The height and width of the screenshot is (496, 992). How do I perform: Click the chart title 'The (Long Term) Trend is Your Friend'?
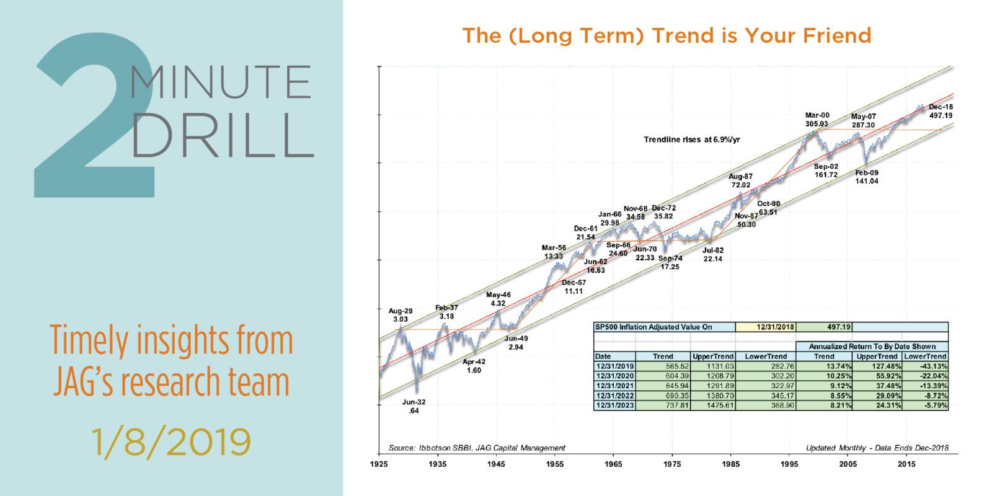click(666, 35)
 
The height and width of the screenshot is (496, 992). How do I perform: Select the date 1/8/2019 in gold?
click(171, 441)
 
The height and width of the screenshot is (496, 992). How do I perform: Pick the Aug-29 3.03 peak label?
click(401, 315)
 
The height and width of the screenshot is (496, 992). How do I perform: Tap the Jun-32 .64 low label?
click(414, 406)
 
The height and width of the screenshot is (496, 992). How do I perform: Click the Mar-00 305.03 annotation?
click(817, 120)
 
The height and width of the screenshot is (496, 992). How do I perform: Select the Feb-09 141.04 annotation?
click(866, 177)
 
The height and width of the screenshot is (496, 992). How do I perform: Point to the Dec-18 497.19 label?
click(941, 111)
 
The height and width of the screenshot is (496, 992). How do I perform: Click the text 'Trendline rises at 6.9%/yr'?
click(692, 139)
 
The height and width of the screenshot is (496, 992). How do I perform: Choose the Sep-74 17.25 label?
click(670, 262)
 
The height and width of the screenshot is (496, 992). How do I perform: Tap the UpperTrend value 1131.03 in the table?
click(713, 366)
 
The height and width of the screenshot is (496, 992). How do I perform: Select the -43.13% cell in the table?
click(926, 366)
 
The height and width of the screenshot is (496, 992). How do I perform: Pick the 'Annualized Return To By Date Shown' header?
click(872, 347)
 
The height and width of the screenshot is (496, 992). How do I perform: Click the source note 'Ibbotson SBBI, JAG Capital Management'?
click(477, 448)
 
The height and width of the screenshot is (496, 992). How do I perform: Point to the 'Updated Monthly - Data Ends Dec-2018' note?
click(877, 448)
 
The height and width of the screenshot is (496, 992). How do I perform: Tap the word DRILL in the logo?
click(221, 135)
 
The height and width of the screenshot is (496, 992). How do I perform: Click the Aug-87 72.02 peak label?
click(740, 181)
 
